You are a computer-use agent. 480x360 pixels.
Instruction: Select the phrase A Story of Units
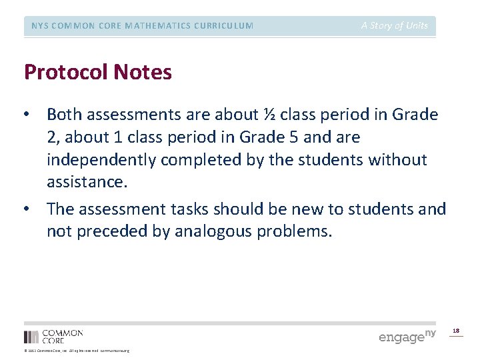coord(395,26)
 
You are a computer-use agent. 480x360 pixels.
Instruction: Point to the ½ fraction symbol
coord(269,115)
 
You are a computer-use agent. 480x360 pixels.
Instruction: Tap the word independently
coord(101,160)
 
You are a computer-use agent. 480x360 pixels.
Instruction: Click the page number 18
coord(456,330)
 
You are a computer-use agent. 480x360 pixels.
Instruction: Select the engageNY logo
coord(407,336)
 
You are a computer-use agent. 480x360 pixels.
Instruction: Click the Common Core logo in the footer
coord(53,336)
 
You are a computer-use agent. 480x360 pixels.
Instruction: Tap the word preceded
coord(107,231)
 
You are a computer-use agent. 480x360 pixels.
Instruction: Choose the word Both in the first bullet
coord(65,115)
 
